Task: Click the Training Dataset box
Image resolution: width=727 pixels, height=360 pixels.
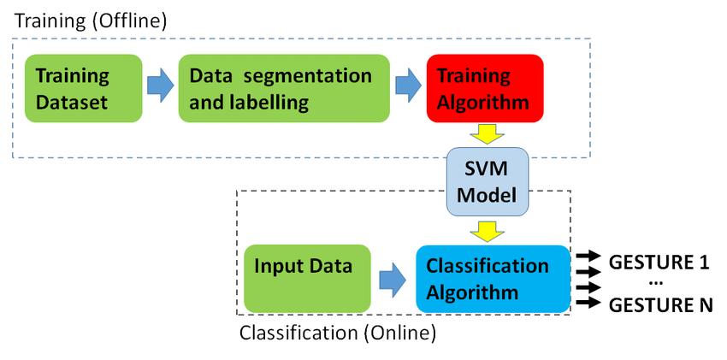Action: click(82, 88)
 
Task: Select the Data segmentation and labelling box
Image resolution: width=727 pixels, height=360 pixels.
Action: click(283, 88)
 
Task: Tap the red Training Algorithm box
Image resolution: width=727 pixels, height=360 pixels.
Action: click(484, 88)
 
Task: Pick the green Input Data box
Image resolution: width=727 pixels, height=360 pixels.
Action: click(307, 278)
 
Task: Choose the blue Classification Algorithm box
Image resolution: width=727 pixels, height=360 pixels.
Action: click(493, 278)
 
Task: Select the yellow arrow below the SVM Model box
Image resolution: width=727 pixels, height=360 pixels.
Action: click(485, 230)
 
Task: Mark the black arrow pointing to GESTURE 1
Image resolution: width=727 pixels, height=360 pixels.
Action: click(588, 256)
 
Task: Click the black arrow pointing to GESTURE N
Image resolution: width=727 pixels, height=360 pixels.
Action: click(588, 301)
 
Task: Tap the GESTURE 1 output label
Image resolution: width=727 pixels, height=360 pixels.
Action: click(659, 263)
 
